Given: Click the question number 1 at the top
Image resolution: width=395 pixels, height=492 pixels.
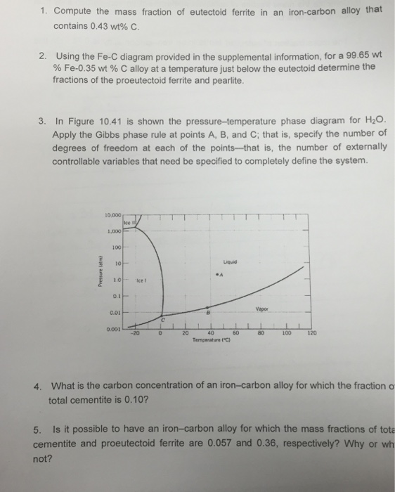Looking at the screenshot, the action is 42,12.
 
